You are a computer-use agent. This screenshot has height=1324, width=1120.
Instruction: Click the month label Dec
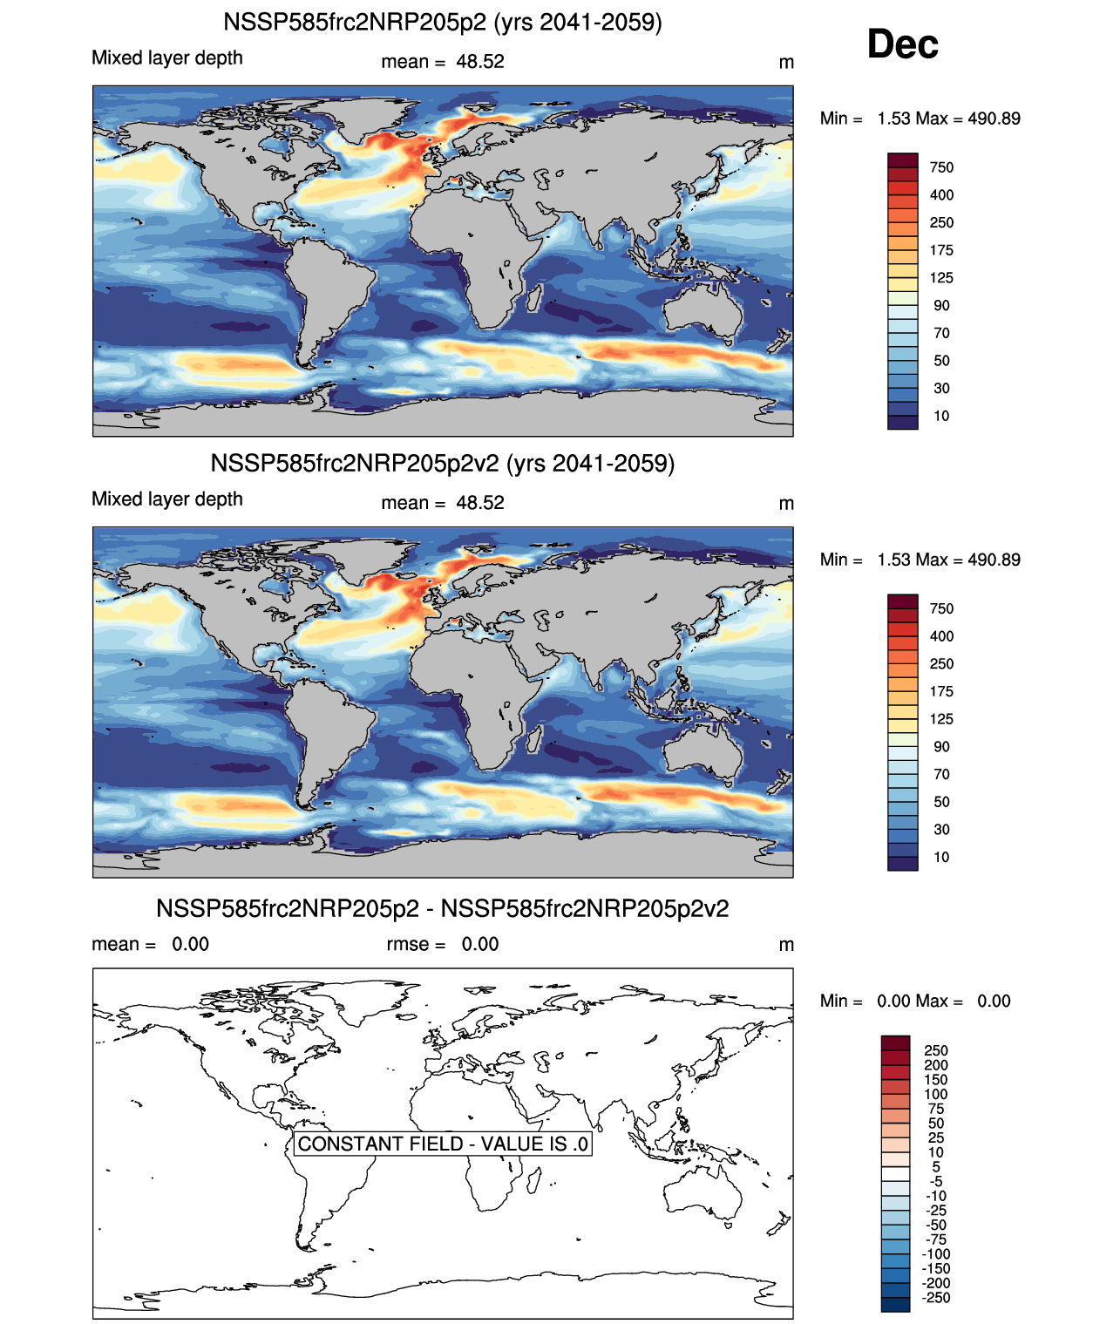902,44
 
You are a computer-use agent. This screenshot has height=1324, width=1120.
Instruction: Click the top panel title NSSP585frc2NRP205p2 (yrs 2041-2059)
443,22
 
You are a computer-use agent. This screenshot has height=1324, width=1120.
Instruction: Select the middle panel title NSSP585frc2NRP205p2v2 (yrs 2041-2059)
443,463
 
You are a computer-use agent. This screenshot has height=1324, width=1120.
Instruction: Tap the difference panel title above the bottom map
443,908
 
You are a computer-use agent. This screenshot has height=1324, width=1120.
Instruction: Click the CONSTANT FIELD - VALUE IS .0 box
443,1144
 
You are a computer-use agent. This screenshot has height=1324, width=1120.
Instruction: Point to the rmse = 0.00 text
443,944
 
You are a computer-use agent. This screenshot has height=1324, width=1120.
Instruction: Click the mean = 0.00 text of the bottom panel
150,944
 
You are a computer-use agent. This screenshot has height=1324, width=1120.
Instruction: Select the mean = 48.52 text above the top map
443,62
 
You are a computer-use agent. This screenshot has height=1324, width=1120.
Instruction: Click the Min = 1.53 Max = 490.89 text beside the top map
920,119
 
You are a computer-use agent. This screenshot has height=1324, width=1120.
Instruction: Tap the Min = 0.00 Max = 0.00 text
915,1001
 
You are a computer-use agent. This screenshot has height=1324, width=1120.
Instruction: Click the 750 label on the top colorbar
941,167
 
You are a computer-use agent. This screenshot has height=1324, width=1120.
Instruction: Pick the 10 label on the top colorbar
941,416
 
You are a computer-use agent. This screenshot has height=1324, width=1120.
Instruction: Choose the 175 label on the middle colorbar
941,691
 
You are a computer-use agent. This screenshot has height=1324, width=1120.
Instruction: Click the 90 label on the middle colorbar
941,747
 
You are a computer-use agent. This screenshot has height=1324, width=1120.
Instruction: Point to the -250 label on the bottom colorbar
936,1298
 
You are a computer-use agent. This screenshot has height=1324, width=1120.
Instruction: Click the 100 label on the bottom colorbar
936,1094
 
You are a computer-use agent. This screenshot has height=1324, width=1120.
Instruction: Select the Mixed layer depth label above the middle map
167,499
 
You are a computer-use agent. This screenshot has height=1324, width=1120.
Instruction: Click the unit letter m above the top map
786,62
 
